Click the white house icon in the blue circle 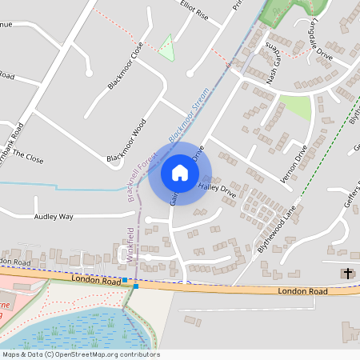[x=179, y=173]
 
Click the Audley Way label [x=54, y=217]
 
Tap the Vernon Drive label [x=294, y=165]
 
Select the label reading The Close [x=28, y=158]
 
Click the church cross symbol [x=346, y=274]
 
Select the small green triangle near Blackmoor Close [x=166, y=48]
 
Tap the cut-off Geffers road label [x=352, y=196]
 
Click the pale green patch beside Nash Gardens [x=297, y=106]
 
